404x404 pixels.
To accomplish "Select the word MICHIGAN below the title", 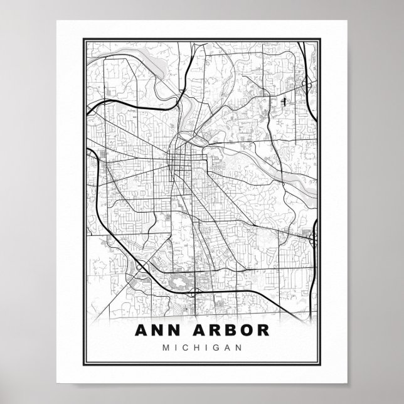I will coord(201,347).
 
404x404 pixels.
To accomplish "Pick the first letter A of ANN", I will coord(141,331).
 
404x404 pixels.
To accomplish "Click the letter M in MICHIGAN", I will coord(166,347).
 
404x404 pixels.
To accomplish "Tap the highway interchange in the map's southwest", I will coord(140,268).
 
